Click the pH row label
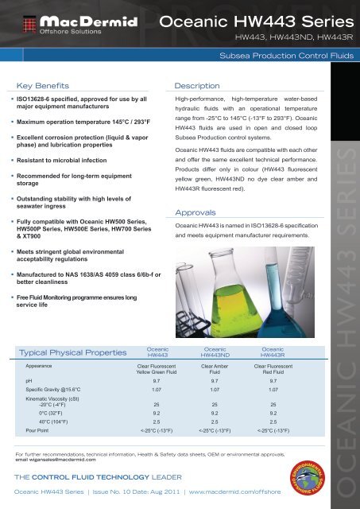point(29,381)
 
